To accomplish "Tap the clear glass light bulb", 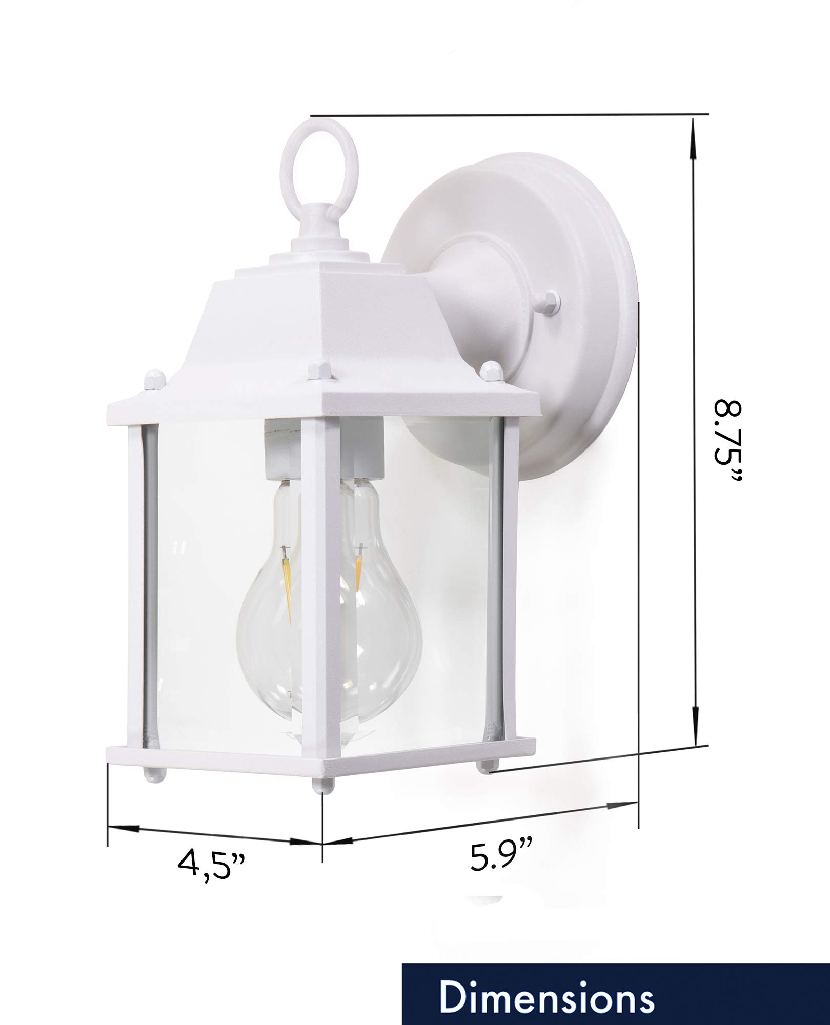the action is pyautogui.click(x=328, y=594).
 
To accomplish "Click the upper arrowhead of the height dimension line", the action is pyautogui.click(x=694, y=149).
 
